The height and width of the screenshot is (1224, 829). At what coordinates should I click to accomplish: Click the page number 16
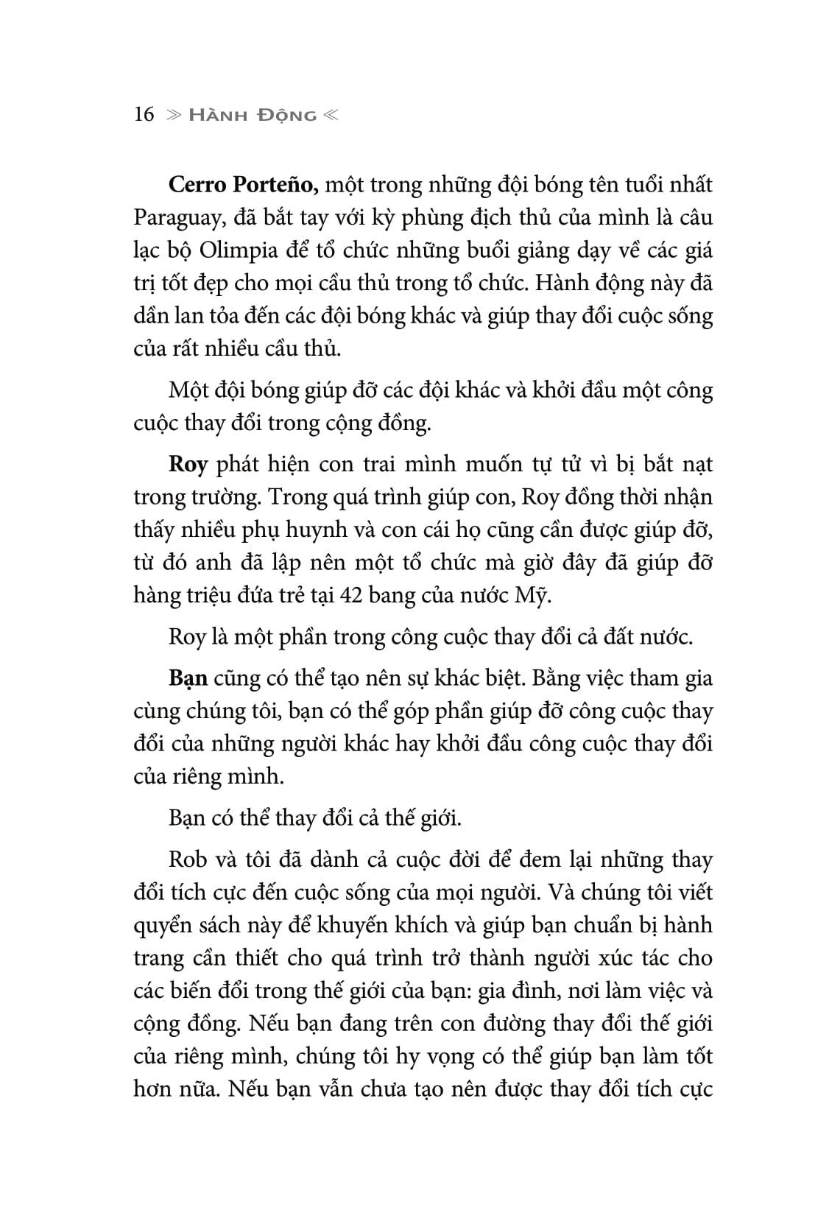[144, 115]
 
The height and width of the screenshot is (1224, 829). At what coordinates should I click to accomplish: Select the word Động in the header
[289, 116]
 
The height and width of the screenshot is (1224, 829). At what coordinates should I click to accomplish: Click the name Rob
[188, 859]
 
